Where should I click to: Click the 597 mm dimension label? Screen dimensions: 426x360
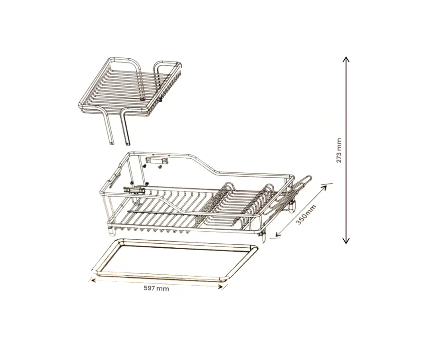point(156,288)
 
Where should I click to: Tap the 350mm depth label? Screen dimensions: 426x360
point(306,215)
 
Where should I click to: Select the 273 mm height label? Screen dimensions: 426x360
point(339,151)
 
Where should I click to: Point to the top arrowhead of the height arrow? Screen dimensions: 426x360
point(346,59)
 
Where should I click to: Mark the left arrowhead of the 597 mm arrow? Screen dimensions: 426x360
point(93,280)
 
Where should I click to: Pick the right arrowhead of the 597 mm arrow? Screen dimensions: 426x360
point(222,286)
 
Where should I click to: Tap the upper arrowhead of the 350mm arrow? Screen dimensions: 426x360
point(324,188)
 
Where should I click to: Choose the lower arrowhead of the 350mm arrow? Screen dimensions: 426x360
point(278,234)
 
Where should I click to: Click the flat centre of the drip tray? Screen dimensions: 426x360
point(174,260)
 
